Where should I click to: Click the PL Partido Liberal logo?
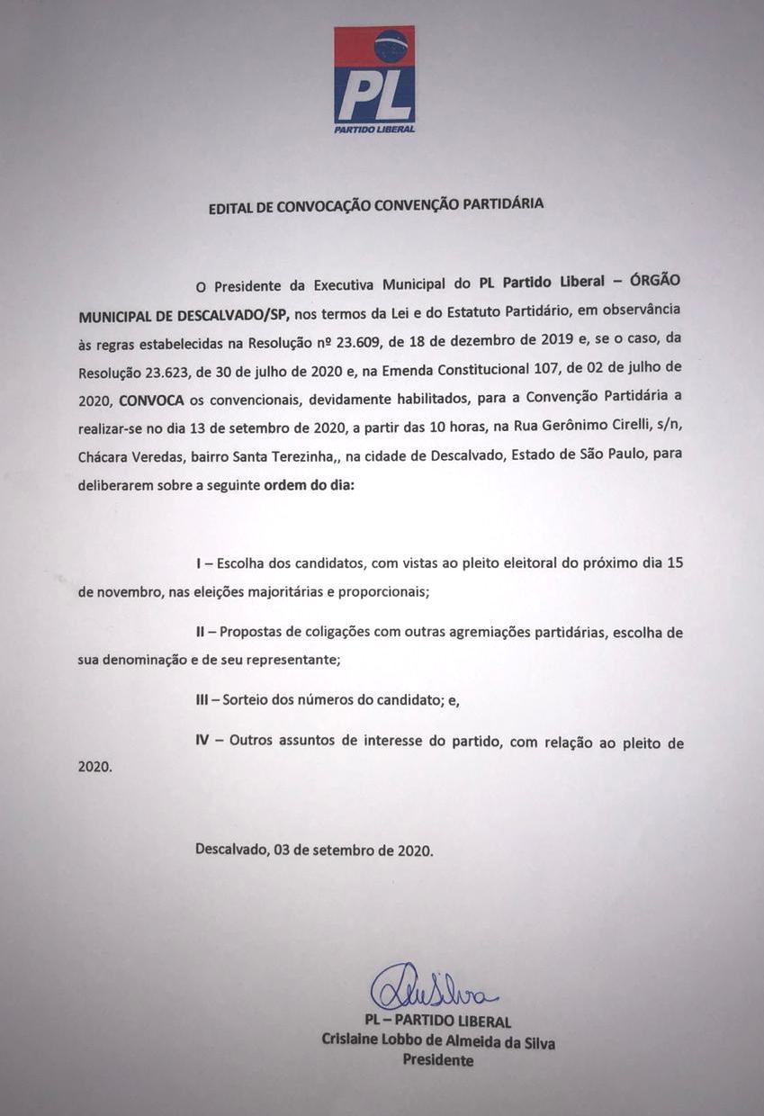[x=374, y=79]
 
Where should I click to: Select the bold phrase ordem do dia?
[x=309, y=485]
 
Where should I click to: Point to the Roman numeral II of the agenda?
[x=201, y=633]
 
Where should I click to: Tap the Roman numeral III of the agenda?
[x=202, y=700]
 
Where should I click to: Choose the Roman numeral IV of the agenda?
[x=203, y=742]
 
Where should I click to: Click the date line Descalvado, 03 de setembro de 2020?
[x=314, y=850]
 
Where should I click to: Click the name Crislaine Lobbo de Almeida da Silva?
[x=438, y=1042]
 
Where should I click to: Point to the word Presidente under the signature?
[x=437, y=1061]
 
